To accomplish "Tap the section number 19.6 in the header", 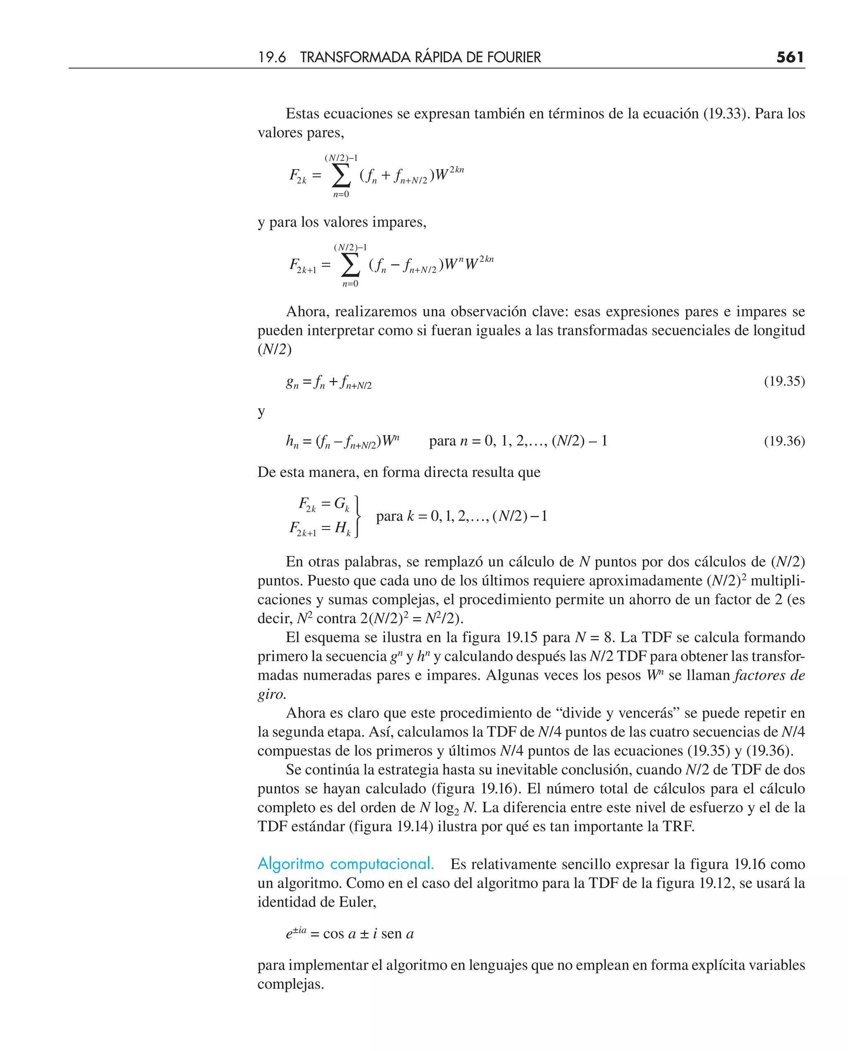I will (272, 57).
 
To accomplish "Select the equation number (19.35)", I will (784, 381).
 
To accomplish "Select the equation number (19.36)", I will (784, 441).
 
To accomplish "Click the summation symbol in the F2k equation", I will (341, 175).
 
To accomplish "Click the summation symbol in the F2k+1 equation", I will (350, 265).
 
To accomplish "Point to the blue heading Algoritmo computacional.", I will (345, 864).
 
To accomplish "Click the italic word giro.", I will (272, 694).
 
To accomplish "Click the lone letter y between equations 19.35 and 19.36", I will (261, 412).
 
